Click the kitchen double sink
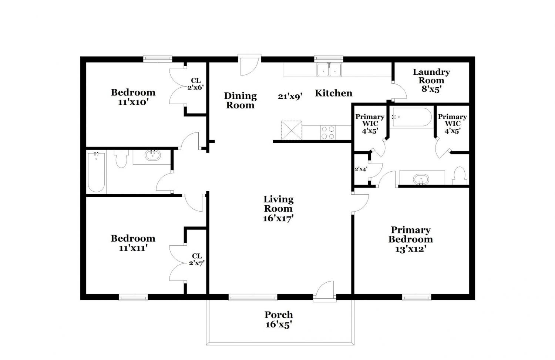click(x=329, y=70)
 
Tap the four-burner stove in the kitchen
click(x=328, y=132)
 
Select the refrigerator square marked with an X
click(x=292, y=130)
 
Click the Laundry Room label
click(x=431, y=80)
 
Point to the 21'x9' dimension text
click(x=290, y=96)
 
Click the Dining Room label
click(x=240, y=100)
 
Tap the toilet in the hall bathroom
click(x=121, y=159)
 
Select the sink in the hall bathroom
click(x=152, y=155)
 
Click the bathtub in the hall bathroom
click(x=96, y=172)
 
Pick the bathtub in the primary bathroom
click(x=411, y=117)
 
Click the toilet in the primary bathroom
click(x=460, y=175)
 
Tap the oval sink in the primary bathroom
click(x=421, y=179)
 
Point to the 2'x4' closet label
click(x=361, y=169)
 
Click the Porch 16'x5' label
click(x=279, y=319)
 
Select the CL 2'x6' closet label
click(x=196, y=84)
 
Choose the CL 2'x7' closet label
click(x=197, y=259)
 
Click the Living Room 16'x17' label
click(x=278, y=209)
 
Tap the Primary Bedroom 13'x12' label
click(x=411, y=239)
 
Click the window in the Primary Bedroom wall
click(x=417, y=297)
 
